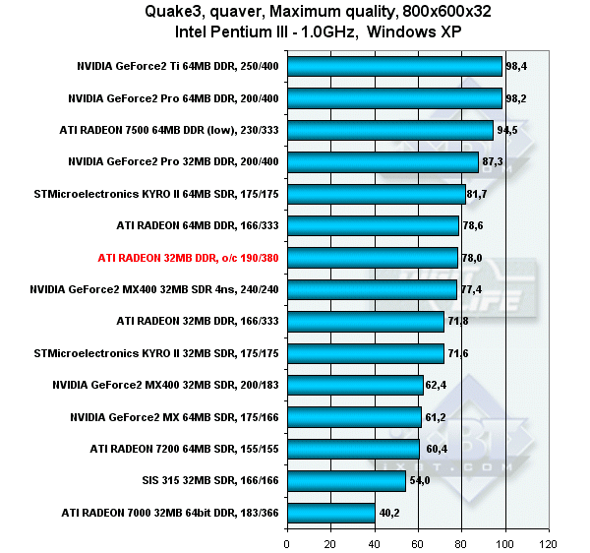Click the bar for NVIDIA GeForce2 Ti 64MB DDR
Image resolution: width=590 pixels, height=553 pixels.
pyautogui.click(x=393, y=67)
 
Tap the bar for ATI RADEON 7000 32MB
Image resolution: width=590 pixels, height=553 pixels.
pyautogui.click(x=330, y=514)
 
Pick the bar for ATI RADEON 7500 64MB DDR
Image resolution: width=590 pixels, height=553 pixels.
pyautogui.click(x=389, y=131)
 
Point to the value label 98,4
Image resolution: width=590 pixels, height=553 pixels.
pyautogui.click(x=516, y=67)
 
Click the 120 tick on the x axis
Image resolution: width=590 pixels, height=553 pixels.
pyautogui.click(x=549, y=542)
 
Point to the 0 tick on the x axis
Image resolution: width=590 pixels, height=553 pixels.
pyautogui.click(x=286, y=542)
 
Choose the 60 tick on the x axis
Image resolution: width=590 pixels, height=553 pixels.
pyautogui.click(x=418, y=542)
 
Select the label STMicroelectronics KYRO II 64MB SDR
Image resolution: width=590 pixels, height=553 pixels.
pyautogui.click(x=156, y=195)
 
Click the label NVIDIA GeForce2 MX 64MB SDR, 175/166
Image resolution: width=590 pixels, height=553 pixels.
pyautogui.click(x=174, y=418)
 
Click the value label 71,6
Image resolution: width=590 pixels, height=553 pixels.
pyautogui.click(x=460, y=354)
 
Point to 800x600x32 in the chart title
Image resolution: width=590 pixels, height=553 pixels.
pyautogui.click(x=388, y=13)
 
